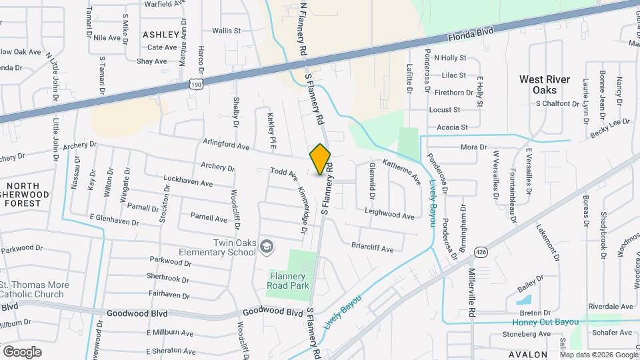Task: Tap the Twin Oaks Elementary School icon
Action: (x=267, y=247)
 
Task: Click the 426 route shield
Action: (x=480, y=251)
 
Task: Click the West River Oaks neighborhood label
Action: (x=545, y=85)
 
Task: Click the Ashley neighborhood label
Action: (x=161, y=34)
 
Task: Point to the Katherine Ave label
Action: (x=401, y=171)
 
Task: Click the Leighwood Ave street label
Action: (x=390, y=215)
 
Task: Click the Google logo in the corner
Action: (x=22, y=351)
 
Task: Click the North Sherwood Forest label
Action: (x=25, y=194)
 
